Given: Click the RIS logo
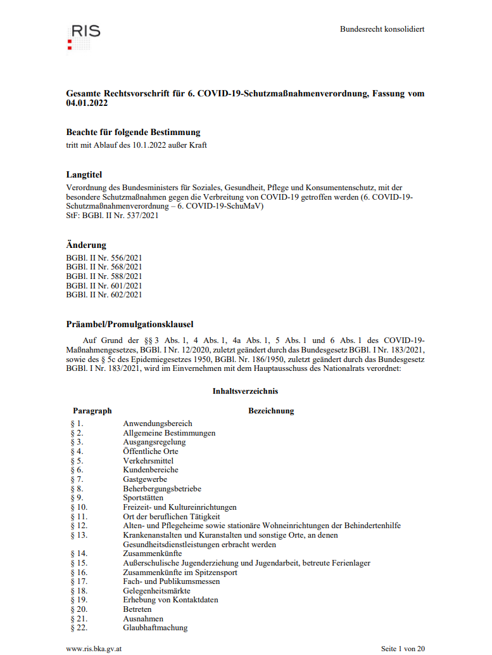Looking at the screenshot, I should click(x=84, y=36).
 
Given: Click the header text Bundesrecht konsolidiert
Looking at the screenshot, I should click(x=382, y=29).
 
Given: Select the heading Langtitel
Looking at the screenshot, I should click(x=84, y=174).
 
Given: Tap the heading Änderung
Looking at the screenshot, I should click(x=86, y=245).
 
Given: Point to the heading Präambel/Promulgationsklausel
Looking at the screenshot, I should click(x=130, y=324).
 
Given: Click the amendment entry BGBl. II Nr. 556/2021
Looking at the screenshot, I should click(x=104, y=257).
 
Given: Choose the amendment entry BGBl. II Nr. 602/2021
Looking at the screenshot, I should click(x=104, y=294).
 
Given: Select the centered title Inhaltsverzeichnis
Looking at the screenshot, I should click(x=245, y=391).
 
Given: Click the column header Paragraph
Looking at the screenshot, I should click(x=92, y=411).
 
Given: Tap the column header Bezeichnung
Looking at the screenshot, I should click(x=271, y=411).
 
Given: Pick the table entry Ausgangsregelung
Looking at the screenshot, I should click(x=154, y=442).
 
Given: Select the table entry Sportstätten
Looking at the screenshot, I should click(x=143, y=498).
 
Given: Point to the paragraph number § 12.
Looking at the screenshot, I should click(x=79, y=526).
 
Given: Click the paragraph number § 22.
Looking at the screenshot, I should click(x=79, y=628).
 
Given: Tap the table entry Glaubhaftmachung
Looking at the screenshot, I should click(x=155, y=628).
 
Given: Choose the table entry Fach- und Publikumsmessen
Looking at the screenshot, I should click(x=171, y=581).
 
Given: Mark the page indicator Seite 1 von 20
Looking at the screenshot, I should click(x=403, y=649).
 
